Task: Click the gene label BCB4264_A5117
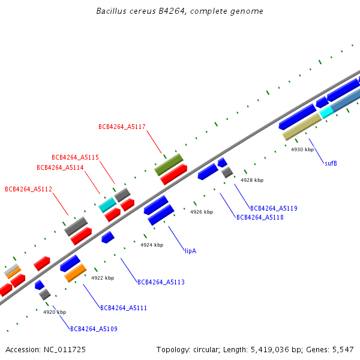tap(122, 127)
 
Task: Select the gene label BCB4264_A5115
tap(75, 157)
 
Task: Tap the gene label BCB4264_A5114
tap(60, 167)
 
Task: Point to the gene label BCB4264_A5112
tap(28, 189)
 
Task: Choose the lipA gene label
tap(190, 251)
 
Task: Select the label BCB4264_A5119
tap(274, 208)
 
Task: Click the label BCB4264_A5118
tap(260, 217)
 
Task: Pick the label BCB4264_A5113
tap(161, 282)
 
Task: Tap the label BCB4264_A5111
tap(124, 308)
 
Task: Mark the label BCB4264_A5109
tap(94, 329)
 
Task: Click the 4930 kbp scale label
tap(302, 149)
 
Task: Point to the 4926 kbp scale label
tap(202, 212)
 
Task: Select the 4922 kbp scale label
tap(103, 278)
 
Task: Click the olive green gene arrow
tap(169, 164)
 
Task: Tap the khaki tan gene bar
tap(302, 127)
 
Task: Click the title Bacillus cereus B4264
tap(179, 11)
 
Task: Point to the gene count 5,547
tap(343, 349)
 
